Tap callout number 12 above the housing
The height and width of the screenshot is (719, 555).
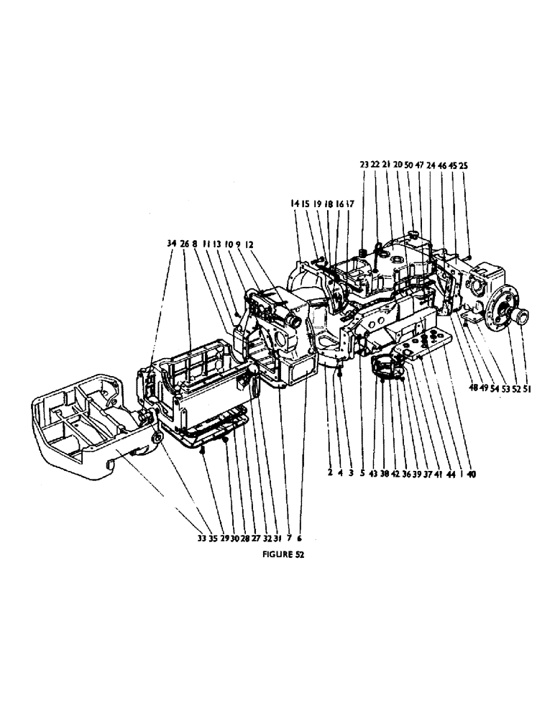[x=249, y=244]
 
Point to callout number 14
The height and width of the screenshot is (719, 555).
[x=295, y=204]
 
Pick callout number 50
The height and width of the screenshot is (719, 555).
[x=408, y=165]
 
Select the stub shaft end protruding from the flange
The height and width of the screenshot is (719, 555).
[x=522, y=317]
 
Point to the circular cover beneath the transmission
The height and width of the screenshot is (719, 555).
[x=388, y=366]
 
